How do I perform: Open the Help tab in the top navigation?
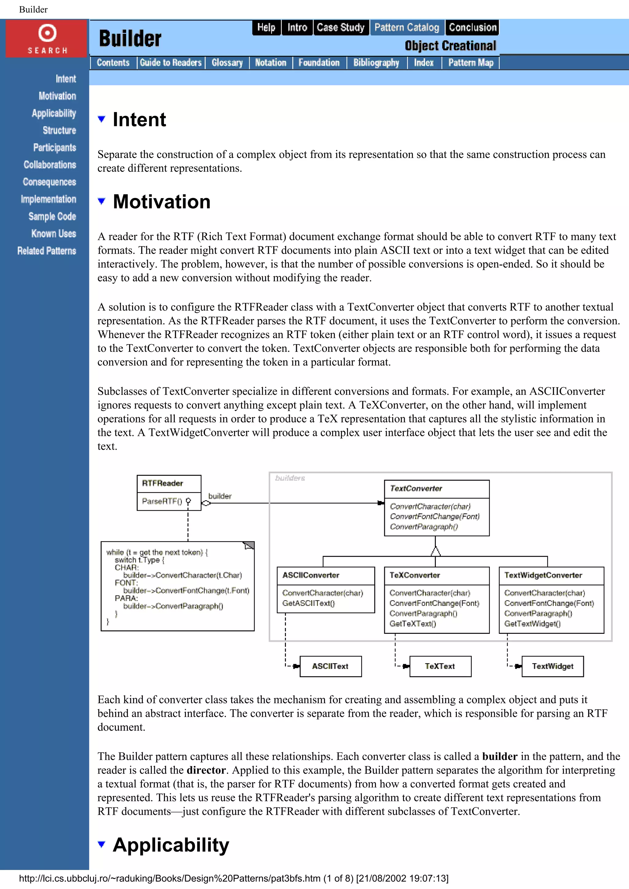tap(266, 28)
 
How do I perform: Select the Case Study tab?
tap(340, 28)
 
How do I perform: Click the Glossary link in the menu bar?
tap(227, 63)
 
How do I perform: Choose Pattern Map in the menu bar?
tap(471, 63)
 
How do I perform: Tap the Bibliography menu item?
tap(376, 63)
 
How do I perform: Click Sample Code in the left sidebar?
tap(52, 217)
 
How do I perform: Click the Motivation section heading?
tap(162, 202)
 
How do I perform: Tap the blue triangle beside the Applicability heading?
tap(102, 844)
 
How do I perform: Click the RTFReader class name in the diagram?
tap(162, 483)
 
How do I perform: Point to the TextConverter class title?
tap(416, 489)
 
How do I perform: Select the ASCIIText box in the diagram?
tap(330, 666)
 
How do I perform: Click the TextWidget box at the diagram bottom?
tap(552, 666)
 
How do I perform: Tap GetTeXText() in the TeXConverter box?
tap(413, 624)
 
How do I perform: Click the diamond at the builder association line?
tap(206, 503)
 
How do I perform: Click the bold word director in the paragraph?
tap(206, 770)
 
